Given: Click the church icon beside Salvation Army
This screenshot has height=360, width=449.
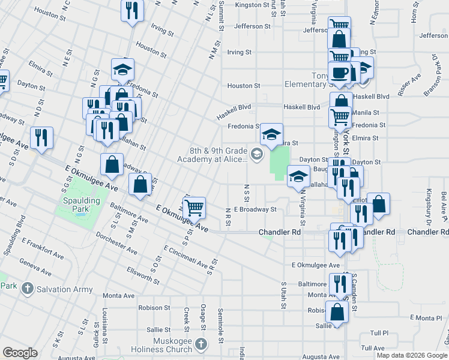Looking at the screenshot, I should [26, 289].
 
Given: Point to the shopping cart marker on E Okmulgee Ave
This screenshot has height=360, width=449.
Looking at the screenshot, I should [193, 208].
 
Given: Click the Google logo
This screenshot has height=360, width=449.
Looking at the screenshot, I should [20, 352].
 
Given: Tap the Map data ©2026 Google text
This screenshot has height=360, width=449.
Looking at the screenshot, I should [411, 355].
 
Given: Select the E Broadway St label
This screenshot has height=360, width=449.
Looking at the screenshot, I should [255, 209].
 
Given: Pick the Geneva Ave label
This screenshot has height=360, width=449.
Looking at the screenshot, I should [35, 262].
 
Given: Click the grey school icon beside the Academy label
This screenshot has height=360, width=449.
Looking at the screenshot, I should [257, 155].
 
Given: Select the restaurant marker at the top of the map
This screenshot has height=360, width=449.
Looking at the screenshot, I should [131, 10].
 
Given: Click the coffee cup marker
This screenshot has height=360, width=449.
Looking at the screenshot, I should [340, 73].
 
